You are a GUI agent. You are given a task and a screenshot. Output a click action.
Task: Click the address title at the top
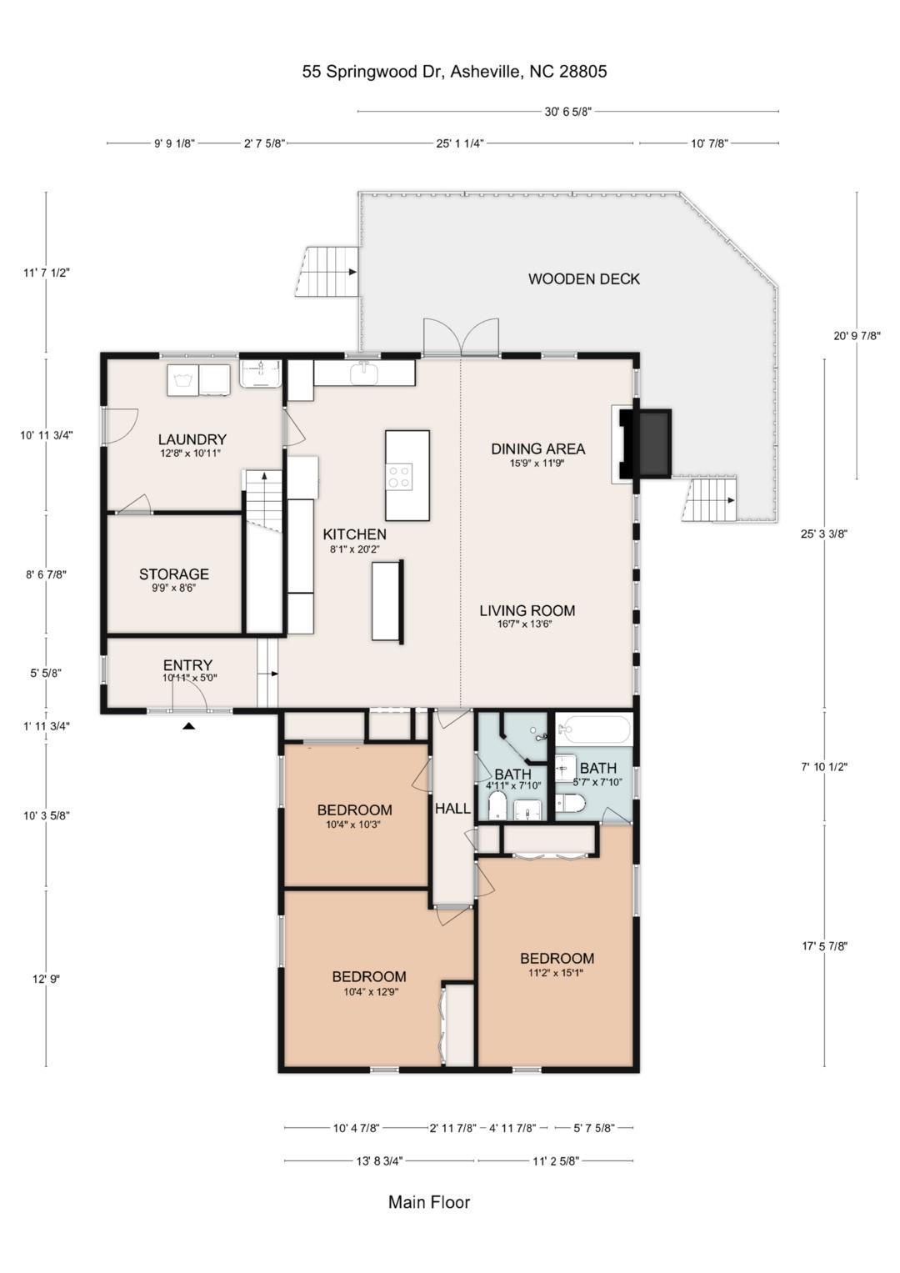point(454,72)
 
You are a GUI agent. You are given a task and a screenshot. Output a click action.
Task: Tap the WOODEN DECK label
point(583,279)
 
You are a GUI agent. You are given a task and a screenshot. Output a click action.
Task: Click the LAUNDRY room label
point(192,439)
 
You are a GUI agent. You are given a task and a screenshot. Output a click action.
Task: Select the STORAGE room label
point(174,574)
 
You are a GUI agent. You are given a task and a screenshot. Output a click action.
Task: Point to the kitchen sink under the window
point(364,374)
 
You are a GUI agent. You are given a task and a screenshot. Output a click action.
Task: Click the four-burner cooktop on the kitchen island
point(399,476)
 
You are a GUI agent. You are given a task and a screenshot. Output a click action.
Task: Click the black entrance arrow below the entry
point(188,725)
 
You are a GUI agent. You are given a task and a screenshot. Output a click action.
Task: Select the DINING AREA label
point(537,449)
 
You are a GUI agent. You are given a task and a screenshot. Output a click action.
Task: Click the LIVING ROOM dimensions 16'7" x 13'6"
point(524,624)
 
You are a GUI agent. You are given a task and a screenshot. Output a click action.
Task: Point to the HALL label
point(452,808)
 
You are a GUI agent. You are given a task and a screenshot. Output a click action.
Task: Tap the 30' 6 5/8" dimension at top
point(568,112)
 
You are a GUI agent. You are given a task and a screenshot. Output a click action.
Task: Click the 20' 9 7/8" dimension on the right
point(857,336)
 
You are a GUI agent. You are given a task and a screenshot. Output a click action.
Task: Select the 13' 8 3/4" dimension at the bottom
point(379,1161)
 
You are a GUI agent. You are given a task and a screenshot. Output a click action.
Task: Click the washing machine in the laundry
point(182,379)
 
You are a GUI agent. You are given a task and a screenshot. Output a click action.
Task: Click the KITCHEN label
point(354,534)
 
